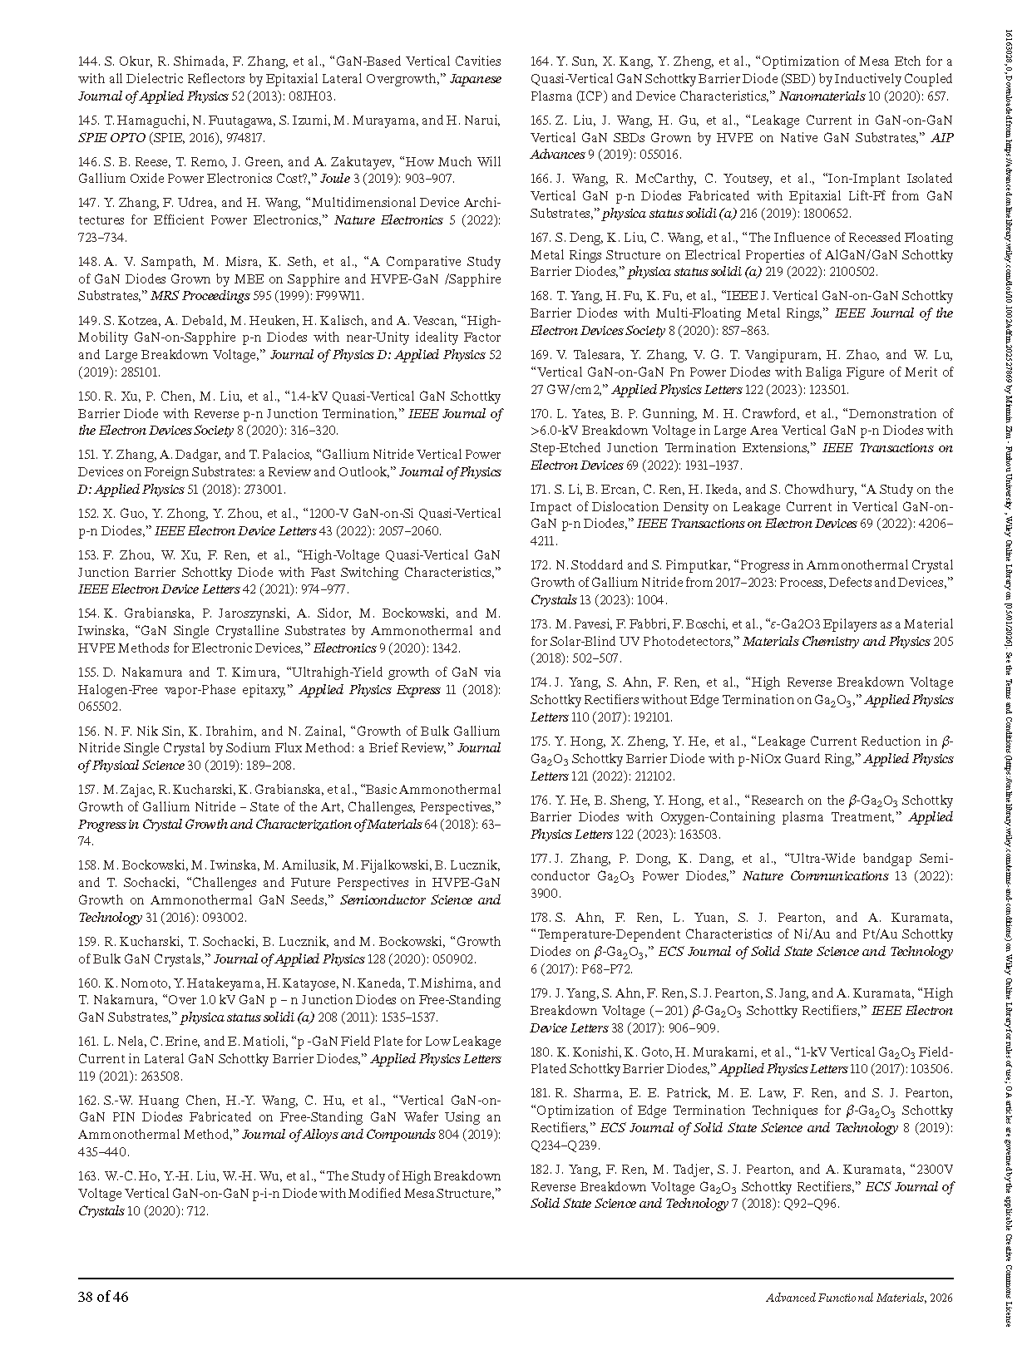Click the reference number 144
pyautogui.click(x=88, y=62)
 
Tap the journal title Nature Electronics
pyautogui.click(x=388, y=220)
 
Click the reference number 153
pyautogui.click(x=88, y=555)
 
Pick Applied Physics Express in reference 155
pyautogui.click(x=369, y=690)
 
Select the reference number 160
pyautogui.click(x=88, y=983)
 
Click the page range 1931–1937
pyautogui.click(x=714, y=466)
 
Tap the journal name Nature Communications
pyautogui.click(x=815, y=876)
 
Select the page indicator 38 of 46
pyautogui.click(x=103, y=1297)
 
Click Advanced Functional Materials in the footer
pyautogui.click(x=843, y=1298)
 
